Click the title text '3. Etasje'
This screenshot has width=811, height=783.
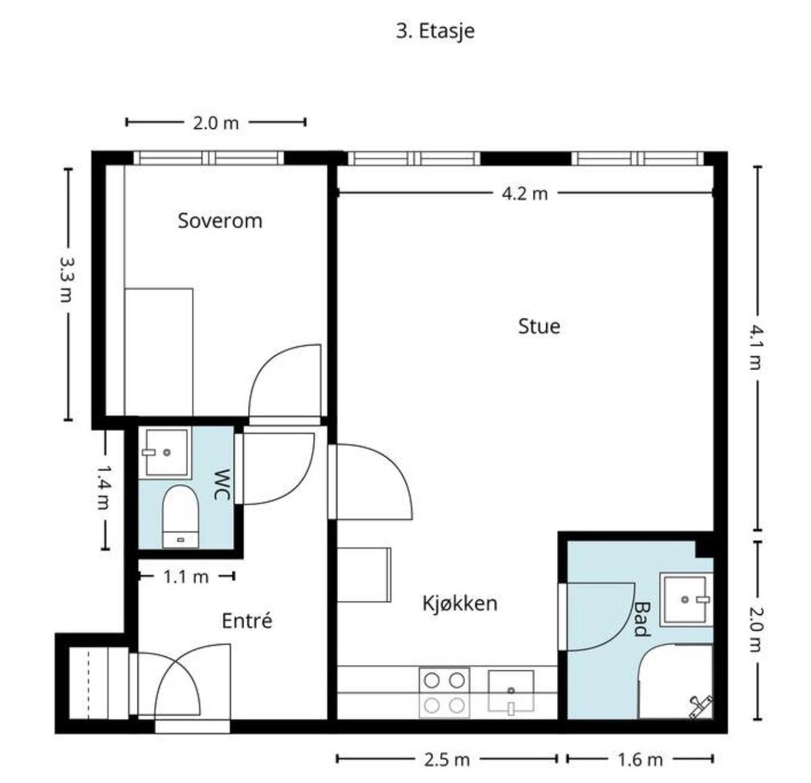[x=435, y=32]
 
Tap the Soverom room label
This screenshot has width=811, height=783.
[x=220, y=220]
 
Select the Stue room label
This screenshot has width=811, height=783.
[x=539, y=326]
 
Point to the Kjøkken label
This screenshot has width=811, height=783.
[x=460, y=603]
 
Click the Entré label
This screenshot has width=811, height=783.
[x=247, y=621]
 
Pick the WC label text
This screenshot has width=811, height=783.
[x=222, y=485]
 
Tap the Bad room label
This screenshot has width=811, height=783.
[x=641, y=619]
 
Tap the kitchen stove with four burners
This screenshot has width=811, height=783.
[x=444, y=693]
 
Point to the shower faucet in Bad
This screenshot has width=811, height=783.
[x=700, y=707]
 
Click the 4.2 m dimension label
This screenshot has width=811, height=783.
[x=524, y=194]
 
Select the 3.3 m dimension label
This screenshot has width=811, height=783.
[x=66, y=279]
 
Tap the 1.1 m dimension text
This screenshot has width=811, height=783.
[x=186, y=577]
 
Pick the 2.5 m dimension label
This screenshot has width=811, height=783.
[x=447, y=760]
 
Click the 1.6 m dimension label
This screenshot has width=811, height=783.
[x=640, y=760]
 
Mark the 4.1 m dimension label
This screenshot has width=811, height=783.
[x=756, y=348]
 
